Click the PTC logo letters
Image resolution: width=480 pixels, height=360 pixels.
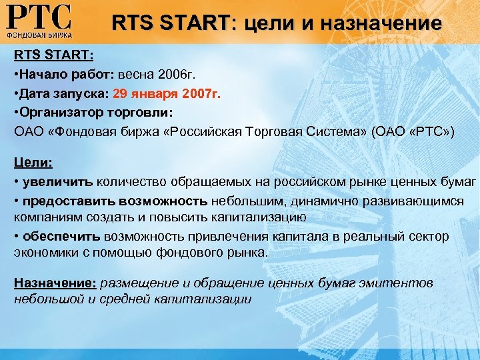(x=39, y=16)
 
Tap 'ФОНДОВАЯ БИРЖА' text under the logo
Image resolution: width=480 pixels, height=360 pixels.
(x=39, y=33)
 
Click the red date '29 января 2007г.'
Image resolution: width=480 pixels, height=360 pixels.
(x=177, y=93)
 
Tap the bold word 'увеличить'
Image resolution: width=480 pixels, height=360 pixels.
(x=58, y=182)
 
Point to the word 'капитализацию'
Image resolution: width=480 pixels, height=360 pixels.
(x=261, y=217)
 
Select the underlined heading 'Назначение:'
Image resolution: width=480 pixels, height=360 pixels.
(x=56, y=283)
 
